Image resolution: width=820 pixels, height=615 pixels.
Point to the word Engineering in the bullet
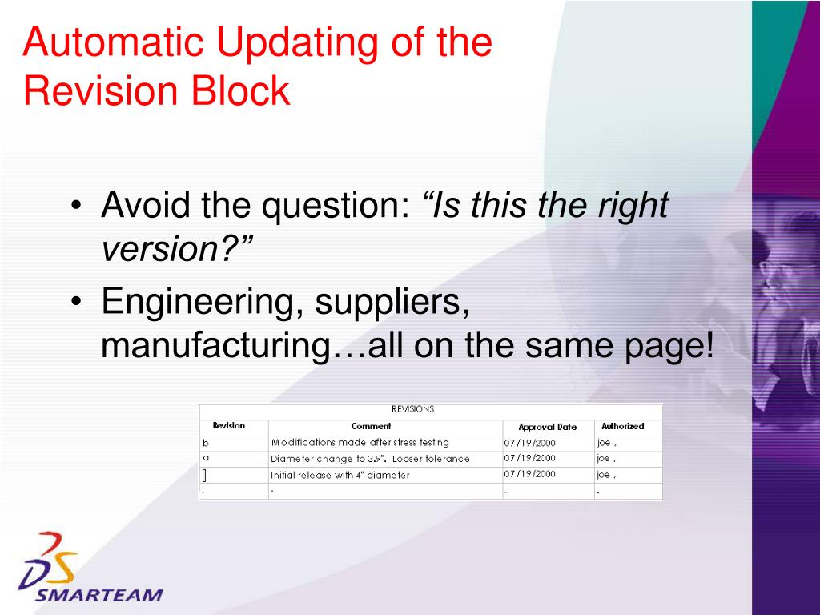point(203,303)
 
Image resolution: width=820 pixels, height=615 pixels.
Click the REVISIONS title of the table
point(413,409)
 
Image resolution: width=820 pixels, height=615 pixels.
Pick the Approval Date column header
point(547,427)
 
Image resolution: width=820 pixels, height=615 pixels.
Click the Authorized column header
point(622,427)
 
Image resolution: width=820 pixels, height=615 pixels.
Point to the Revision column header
point(228,426)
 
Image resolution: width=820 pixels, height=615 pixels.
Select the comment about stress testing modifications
point(360,443)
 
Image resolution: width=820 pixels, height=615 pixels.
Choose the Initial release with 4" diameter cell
point(340,475)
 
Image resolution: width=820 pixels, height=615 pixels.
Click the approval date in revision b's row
point(529,443)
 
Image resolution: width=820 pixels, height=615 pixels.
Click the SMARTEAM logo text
point(99,595)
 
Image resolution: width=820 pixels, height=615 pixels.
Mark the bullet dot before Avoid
point(76,207)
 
